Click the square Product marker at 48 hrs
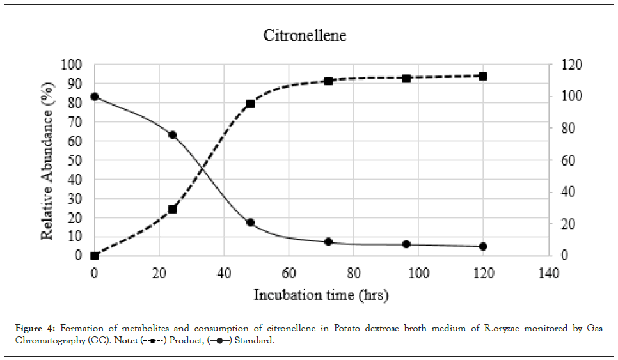point(250,104)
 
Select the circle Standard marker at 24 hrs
point(172,135)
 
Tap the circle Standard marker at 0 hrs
point(95,97)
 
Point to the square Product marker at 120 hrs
point(484,76)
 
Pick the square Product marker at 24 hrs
point(172,209)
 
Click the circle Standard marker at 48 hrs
point(250,223)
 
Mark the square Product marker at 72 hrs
point(328,81)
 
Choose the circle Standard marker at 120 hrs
point(484,246)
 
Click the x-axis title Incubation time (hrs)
point(321,295)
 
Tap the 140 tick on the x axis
point(549,273)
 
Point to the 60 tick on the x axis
point(289,273)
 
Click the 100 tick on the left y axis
point(72,65)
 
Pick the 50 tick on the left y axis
point(75,160)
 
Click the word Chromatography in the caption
point(45,340)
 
